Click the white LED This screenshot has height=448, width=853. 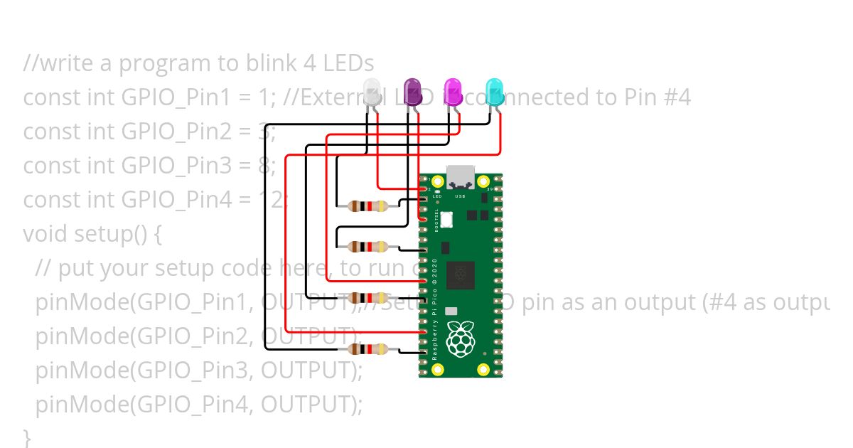[372, 93]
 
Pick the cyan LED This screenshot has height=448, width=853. [494, 92]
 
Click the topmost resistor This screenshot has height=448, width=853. [368, 207]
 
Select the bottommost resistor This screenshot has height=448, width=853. [368, 349]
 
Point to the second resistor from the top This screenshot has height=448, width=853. [368, 247]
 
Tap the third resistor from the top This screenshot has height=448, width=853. [368, 297]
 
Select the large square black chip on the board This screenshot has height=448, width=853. [460, 275]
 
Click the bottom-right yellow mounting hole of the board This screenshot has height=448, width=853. [484, 368]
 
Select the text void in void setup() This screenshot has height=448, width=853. [45, 234]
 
